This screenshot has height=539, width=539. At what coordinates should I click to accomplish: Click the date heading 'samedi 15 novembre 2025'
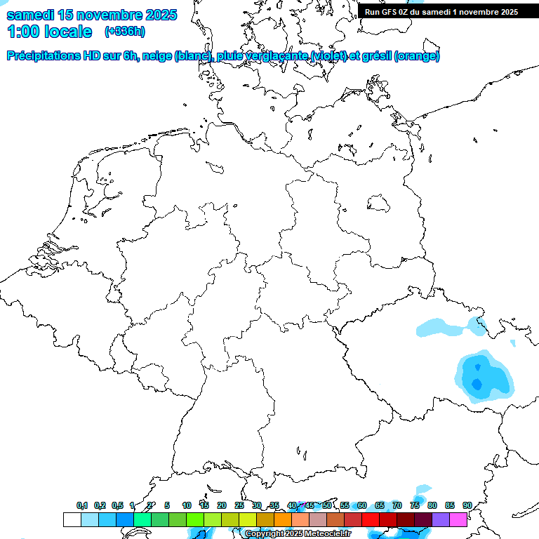(x=92, y=15)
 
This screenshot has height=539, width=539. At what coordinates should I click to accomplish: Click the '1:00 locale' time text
(x=49, y=32)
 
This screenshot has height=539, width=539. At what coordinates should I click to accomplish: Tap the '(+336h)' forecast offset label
(x=124, y=32)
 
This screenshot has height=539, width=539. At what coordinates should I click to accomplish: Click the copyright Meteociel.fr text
(x=298, y=534)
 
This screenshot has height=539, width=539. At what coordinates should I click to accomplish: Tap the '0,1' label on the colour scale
(x=82, y=505)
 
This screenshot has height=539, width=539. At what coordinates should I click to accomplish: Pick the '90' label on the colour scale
(x=467, y=505)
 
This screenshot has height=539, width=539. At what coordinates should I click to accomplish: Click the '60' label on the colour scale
(x=361, y=505)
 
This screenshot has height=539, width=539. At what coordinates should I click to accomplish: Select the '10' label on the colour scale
(x=186, y=505)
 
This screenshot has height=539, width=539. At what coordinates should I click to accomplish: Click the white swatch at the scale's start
(x=72, y=519)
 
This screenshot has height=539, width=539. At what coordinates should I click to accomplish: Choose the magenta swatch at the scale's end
(x=458, y=519)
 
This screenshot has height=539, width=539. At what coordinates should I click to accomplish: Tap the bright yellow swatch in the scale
(x=247, y=519)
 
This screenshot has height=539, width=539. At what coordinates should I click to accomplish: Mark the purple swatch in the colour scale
(x=441, y=519)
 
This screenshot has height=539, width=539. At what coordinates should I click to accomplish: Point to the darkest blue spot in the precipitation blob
(x=477, y=384)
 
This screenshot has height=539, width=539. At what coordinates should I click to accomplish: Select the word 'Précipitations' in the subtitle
(x=44, y=56)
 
